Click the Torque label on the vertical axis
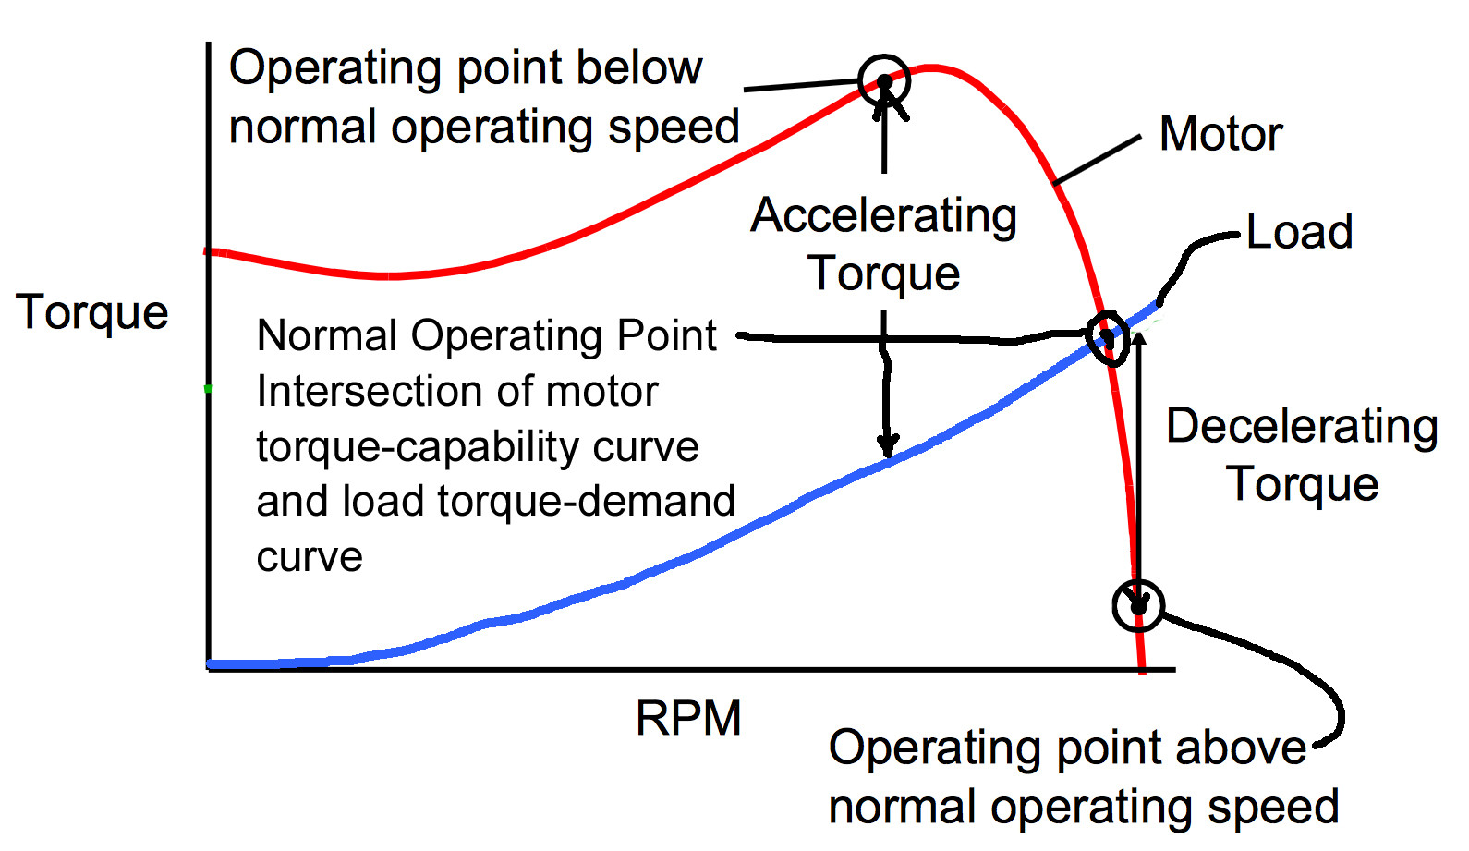[92, 312]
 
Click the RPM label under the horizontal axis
[688, 718]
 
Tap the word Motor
[1220, 134]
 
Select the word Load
[1299, 232]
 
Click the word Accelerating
[884, 216]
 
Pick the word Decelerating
[1302, 427]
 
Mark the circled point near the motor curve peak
[884, 81]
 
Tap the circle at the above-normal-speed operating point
[1138, 605]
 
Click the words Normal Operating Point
[486, 335]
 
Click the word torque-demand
[586, 502]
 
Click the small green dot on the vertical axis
[209, 389]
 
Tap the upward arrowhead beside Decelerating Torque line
[1139, 339]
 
